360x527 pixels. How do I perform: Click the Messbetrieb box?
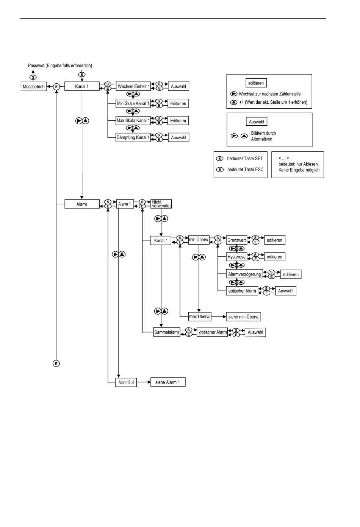pyautogui.click(x=33, y=87)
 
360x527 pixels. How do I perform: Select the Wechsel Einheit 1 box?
pyautogui.click(x=133, y=86)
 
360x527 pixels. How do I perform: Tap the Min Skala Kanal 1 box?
pyautogui.click(x=133, y=103)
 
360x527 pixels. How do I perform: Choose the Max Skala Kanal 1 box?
pyautogui.click(x=133, y=120)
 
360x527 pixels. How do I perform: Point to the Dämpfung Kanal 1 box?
pyautogui.click(x=133, y=137)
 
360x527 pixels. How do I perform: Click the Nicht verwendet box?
pyautogui.click(x=161, y=204)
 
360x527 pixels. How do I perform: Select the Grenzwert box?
pyautogui.click(x=236, y=240)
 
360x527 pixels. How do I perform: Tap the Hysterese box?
pyautogui.click(x=236, y=257)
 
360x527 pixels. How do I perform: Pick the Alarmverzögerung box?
pyautogui.click(x=244, y=274)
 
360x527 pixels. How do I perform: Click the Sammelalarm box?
pyautogui.click(x=166, y=332)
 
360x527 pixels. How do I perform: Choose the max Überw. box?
pyautogui.click(x=200, y=316)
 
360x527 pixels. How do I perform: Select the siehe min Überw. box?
pyautogui.click(x=244, y=317)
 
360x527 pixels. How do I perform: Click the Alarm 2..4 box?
pyautogui.click(x=126, y=382)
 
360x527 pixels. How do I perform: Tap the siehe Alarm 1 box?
pyautogui.click(x=167, y=382)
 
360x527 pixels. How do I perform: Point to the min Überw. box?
pyautogui.click(x=199, y=240)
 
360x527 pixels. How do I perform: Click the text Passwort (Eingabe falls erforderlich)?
pyautogui.click(x=60, y=65)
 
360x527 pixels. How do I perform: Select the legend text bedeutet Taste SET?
pyautogui.click(x=245, y=159)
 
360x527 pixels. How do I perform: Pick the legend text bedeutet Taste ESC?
pyautogui.click(x=245, y=170)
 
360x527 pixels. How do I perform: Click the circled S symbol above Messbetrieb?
pyautogui.click(x=33, y=77)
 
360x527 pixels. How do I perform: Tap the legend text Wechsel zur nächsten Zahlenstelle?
pyautogui.click(x=269, y=94)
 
